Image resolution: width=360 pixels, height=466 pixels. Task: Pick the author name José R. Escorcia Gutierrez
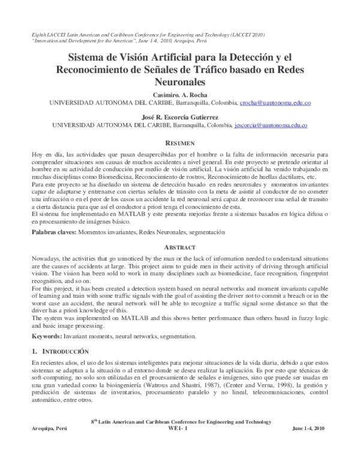[180, 118]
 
